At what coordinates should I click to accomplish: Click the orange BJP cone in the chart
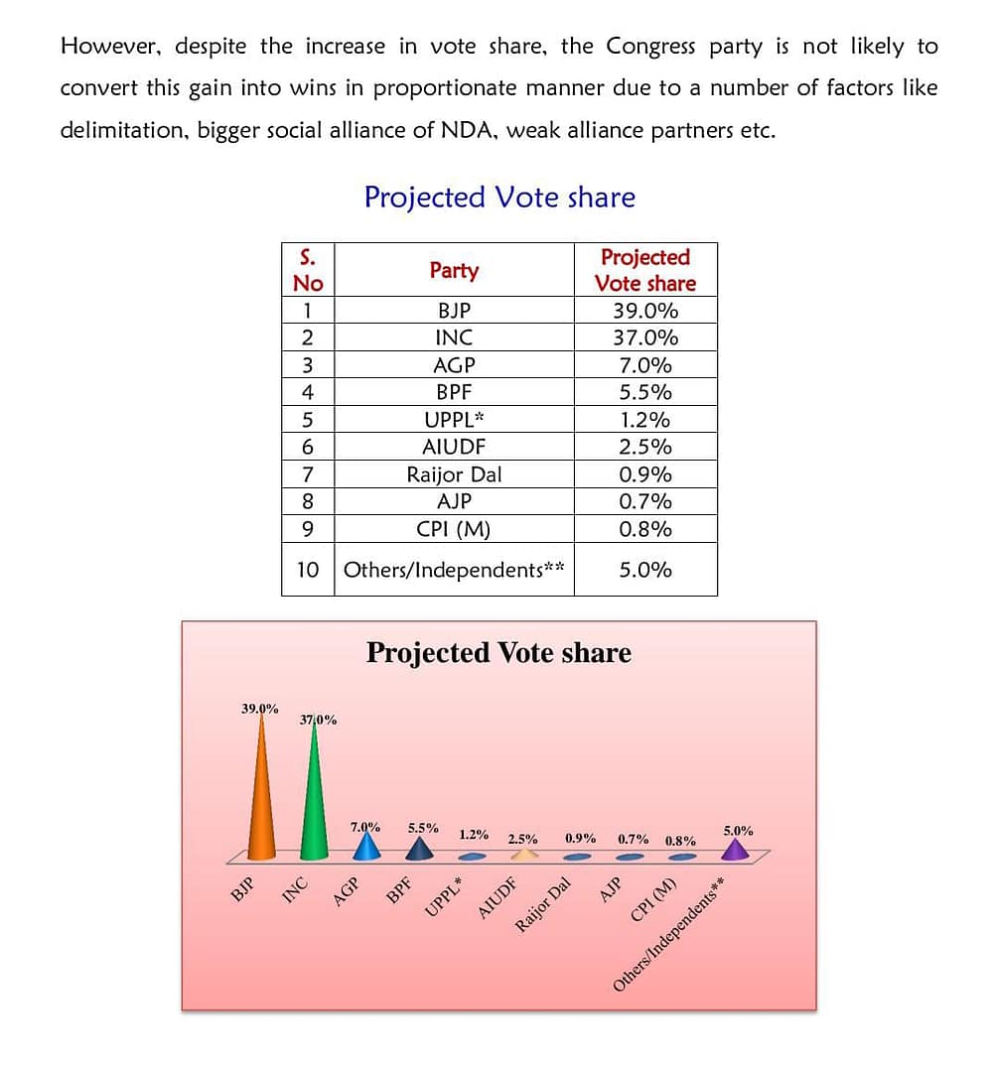pos(261,794)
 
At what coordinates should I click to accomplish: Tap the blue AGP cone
pos(366,846)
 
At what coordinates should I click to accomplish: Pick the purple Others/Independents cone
pos(734,849)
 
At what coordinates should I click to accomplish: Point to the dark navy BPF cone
pos(421,849)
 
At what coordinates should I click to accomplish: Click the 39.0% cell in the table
pos(644,310)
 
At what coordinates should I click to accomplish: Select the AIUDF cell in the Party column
pos(454,447)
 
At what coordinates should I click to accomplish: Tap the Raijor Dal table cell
pos(454,474)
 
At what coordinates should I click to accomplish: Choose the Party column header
pos(454,270)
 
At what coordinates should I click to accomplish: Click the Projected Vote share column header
pos(644,270)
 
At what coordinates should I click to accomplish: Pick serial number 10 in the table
pos(308,570)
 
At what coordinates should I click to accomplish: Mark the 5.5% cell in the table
pos(644,392)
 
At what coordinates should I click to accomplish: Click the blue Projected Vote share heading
pos(499,197)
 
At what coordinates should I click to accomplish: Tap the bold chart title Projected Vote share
pos(498,652)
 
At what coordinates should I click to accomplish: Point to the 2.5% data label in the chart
pos(523,839)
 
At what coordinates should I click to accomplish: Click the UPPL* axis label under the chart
pos(445,899)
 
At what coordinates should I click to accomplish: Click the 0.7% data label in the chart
pos(634,839)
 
